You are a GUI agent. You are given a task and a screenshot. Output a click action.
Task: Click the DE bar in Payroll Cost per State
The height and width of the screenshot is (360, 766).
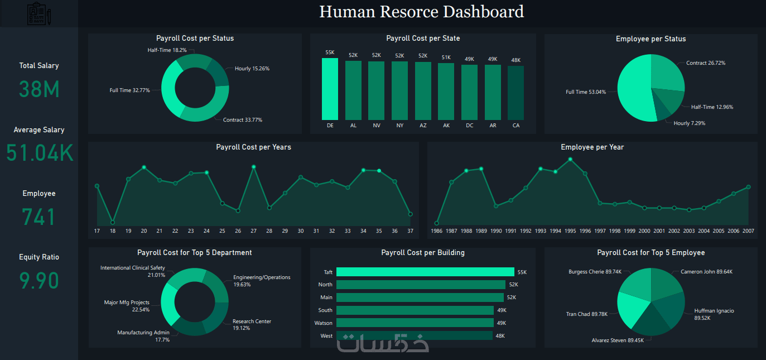pyautogui.click(x=330, y=89)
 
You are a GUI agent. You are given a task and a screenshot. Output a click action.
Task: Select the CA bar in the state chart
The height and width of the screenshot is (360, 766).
pyautogui.click(x=516, y=93)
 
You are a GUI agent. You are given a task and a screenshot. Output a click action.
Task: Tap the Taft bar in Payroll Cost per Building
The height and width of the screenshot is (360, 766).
pyautogui.click(x=425, y=272)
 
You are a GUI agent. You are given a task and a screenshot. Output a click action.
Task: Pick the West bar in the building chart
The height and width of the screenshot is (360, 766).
pyautogui.click(x=415, y=335)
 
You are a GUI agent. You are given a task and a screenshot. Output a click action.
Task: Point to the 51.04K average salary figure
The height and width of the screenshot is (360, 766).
pyautogui.click(x=40, y=153)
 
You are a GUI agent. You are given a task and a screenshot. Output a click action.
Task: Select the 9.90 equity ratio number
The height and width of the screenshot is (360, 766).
pyautogui.click(x=39, y=280)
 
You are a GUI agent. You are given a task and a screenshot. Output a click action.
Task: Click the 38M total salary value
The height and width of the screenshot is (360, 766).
pyautogui.click(x=39, y=89)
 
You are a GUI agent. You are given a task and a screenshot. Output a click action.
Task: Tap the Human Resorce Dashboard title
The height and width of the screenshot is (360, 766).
pyautogui.click(x=421, y=12)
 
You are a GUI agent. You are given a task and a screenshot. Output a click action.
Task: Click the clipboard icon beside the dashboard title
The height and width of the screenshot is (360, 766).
pyautogui.click(x=38, y=13)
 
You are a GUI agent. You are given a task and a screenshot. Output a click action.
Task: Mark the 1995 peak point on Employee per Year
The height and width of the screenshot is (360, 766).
pyautogui.click(x=570, y=160)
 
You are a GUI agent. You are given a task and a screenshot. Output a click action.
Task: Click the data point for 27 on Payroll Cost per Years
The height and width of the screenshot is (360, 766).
pyautogui.click(x=254, y=167)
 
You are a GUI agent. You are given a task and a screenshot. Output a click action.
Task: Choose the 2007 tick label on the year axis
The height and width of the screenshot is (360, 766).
pyautogui.click(x=748, y=231)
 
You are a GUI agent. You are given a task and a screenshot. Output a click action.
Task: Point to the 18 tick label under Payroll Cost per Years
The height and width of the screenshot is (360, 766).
pyautogui.click(x=113, y=231)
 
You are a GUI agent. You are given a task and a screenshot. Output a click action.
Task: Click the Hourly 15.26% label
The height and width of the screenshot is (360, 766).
pyautogui.click(x=252, y=69)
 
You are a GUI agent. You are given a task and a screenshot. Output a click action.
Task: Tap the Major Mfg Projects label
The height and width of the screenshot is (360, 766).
pyautogui.click(x=127, y=303)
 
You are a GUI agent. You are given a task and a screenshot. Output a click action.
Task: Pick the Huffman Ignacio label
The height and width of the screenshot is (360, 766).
pyautogui.click(x=714, y=311)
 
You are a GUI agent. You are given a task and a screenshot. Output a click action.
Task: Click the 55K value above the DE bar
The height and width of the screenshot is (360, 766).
pyautogui.click(x=330, y=52)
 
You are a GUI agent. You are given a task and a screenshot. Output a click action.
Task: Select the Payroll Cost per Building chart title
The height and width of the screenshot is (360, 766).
pyautogui.click(x=423, y=253)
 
